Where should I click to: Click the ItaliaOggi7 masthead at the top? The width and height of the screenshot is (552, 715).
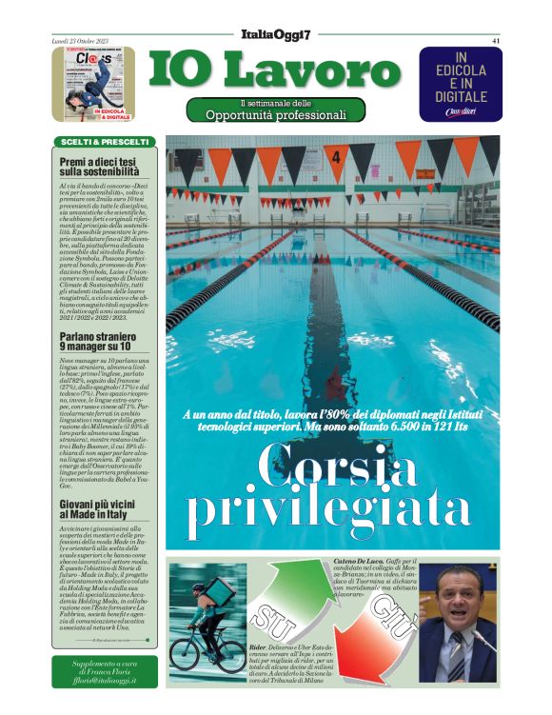click(276, 35)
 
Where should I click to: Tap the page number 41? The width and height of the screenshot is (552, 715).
click(496, 40)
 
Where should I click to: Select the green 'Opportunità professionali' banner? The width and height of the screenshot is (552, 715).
click(276, 110)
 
